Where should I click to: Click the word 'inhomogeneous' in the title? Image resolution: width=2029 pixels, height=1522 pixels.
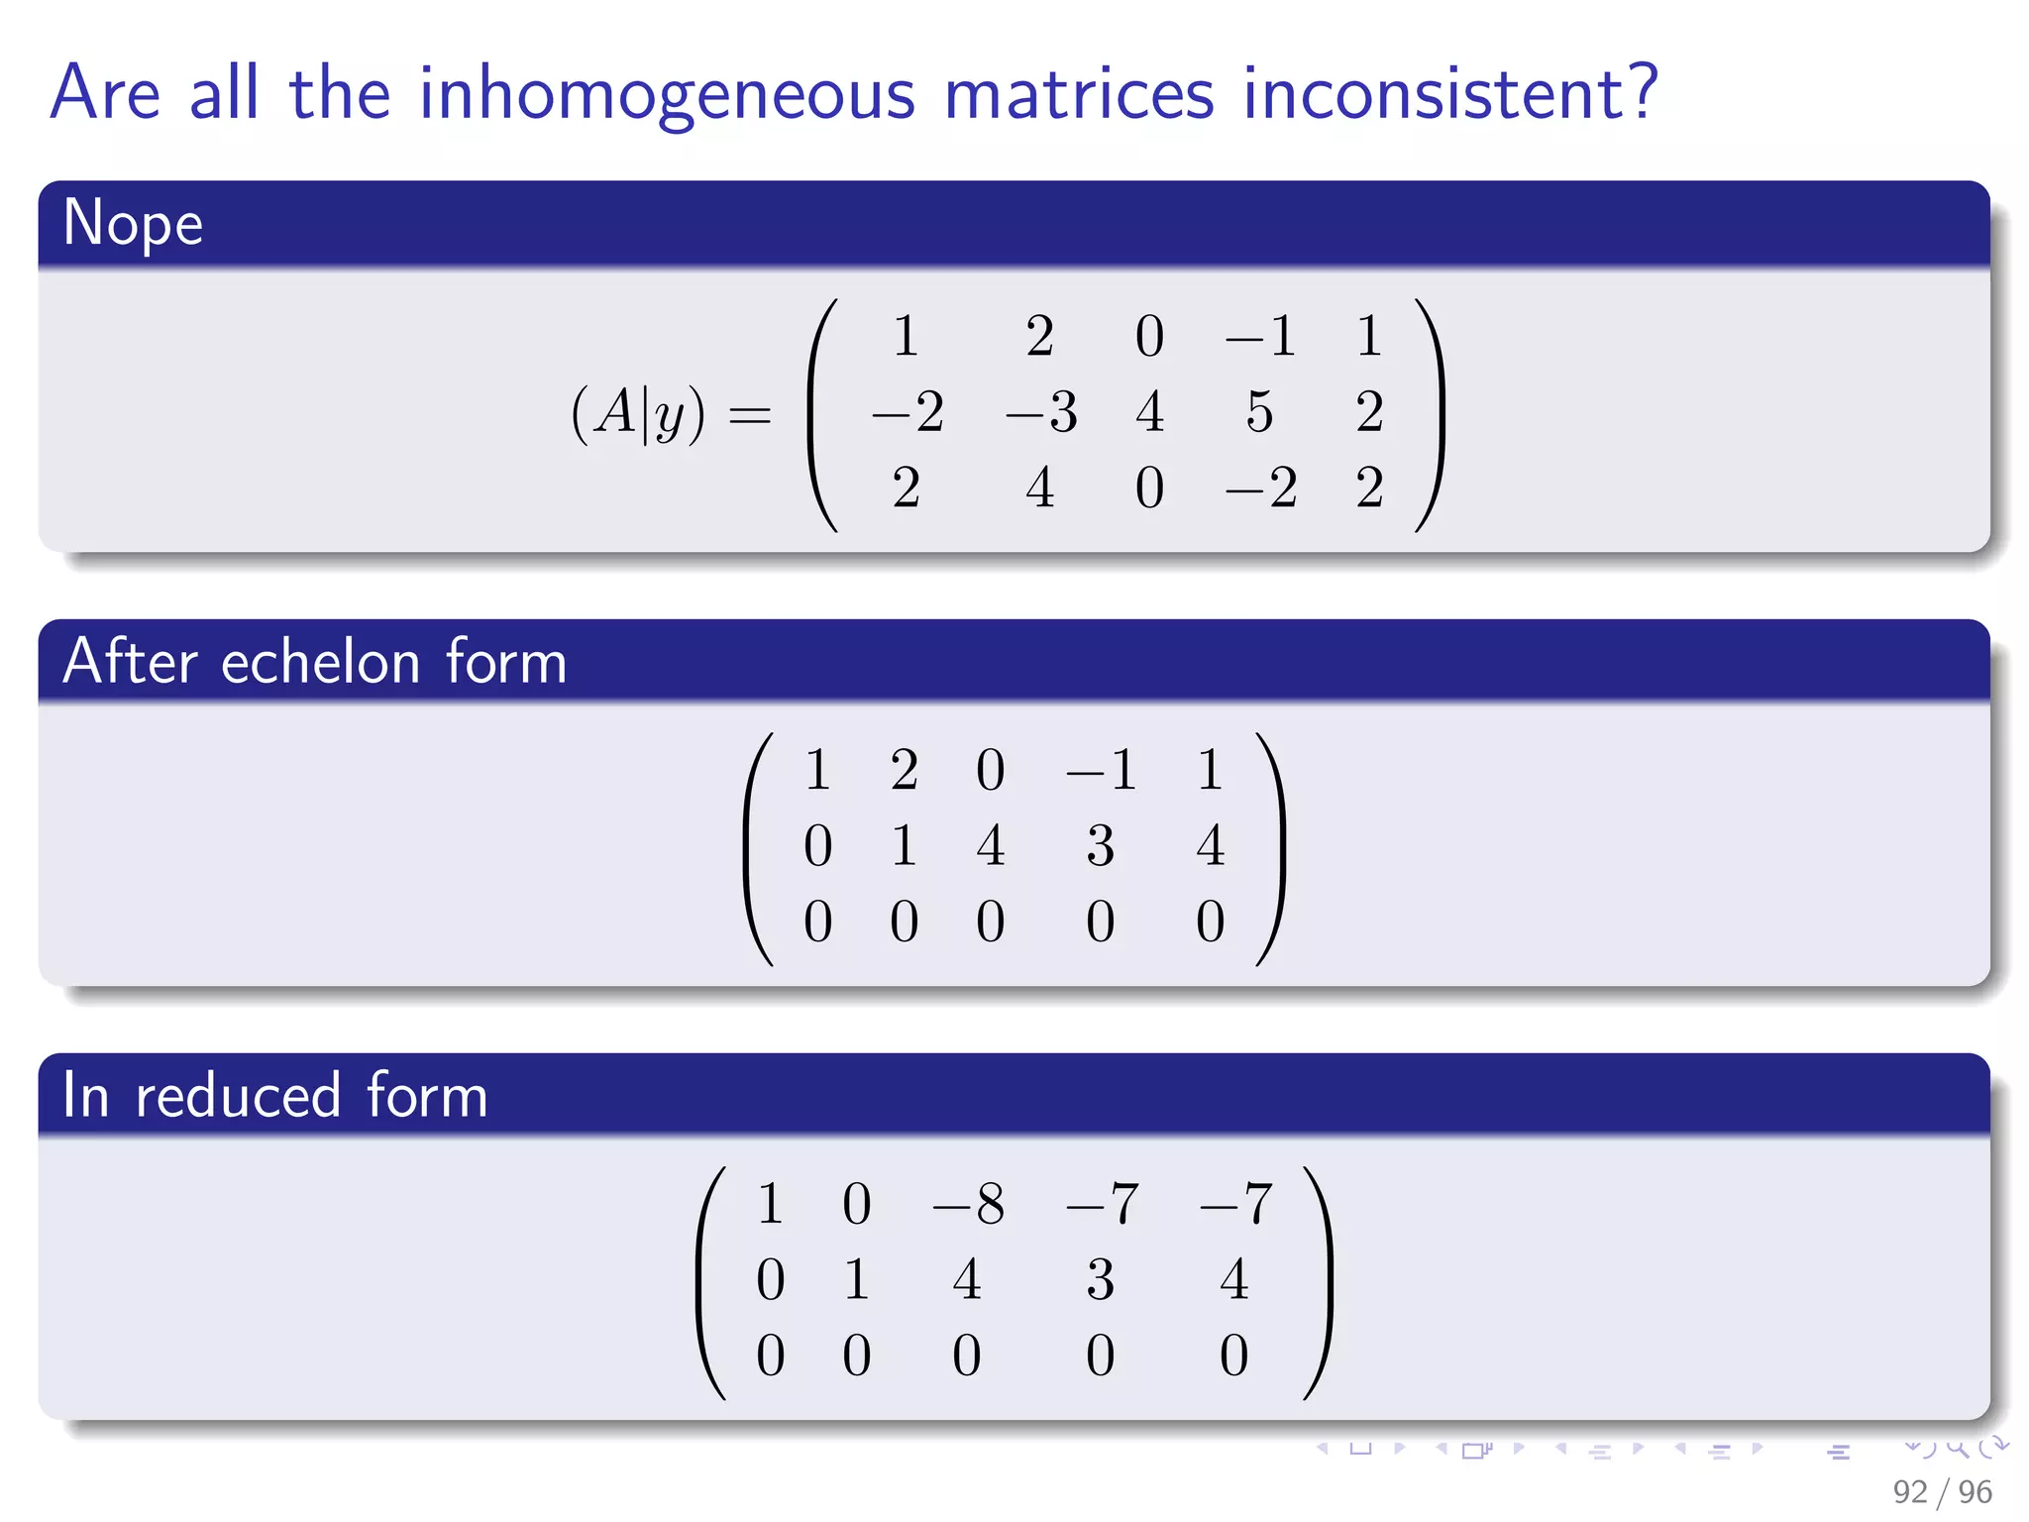pyautogui.click(x=667, y=94)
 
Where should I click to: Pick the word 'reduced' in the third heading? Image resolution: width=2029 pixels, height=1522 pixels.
pyautogui.click(x=238, y=1096)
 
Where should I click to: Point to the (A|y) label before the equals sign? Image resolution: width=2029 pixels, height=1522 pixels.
pyautogui.click(x=638, y=412)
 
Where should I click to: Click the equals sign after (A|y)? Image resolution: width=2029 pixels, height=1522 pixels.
pyautogui.click(x=749, y=414)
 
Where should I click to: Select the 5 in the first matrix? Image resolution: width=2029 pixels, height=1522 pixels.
pyautogui.click(x=1259, y=411)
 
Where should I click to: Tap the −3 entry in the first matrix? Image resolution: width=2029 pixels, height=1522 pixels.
pyautogui.click(x=1040, y=411)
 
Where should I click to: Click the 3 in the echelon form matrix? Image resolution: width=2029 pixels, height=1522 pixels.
pyautogui.click(x=1100, y=845)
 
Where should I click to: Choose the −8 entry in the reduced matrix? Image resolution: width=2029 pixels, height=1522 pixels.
pyautogui.click(x=968, y=1204)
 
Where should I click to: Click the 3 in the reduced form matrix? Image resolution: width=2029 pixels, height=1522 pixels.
pyautogui.click(x=1100, y=1279)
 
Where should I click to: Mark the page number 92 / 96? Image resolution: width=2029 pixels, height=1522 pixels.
pyautogui.click(x=1941, y=1491)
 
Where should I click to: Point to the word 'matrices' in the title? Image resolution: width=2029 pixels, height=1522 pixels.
pyautogui.click(x=1078, y=94)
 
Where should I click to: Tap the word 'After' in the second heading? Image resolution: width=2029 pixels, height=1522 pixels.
pyautogui.click(x=130, y=662)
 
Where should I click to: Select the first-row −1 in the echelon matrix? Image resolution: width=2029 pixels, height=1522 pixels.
pyautogui.click(x=1100, y=770)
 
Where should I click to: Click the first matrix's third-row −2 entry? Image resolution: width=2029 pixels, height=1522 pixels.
pyautogui.click(x=1260, y=488)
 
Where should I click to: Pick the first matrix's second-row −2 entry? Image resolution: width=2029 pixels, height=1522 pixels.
pyautogui.click(x=907, y=411)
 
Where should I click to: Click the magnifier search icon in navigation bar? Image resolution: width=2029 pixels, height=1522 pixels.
pyautogui.click(x=1957, y=1448)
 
